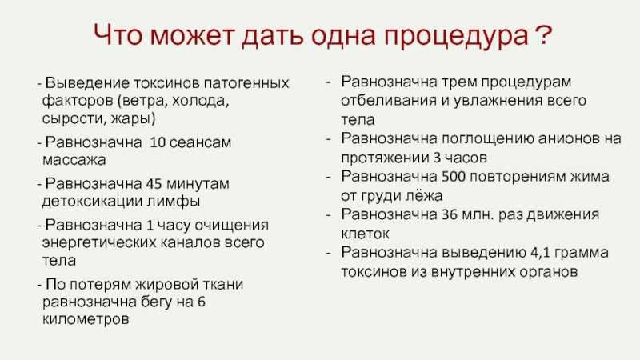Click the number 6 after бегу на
[x=202, y=302]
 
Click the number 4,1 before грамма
[x=542, y=253]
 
